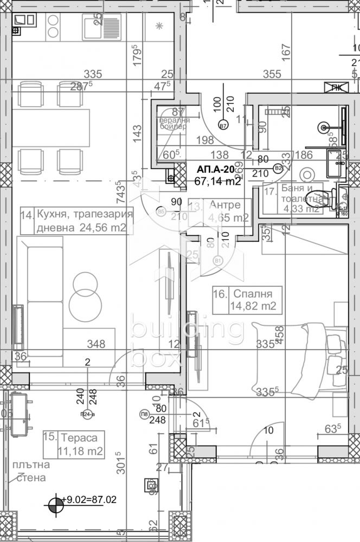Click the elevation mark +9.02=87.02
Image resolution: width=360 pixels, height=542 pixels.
coord(90,499)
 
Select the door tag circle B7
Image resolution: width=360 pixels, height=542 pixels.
coord(222,126)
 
